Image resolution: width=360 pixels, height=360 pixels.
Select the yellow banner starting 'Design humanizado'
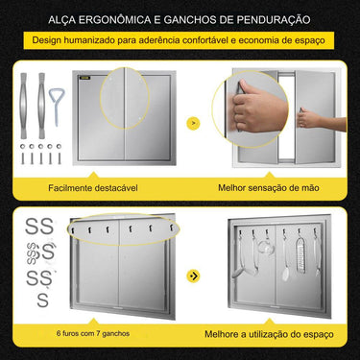180,41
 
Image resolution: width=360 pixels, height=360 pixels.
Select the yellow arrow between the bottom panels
195,276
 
